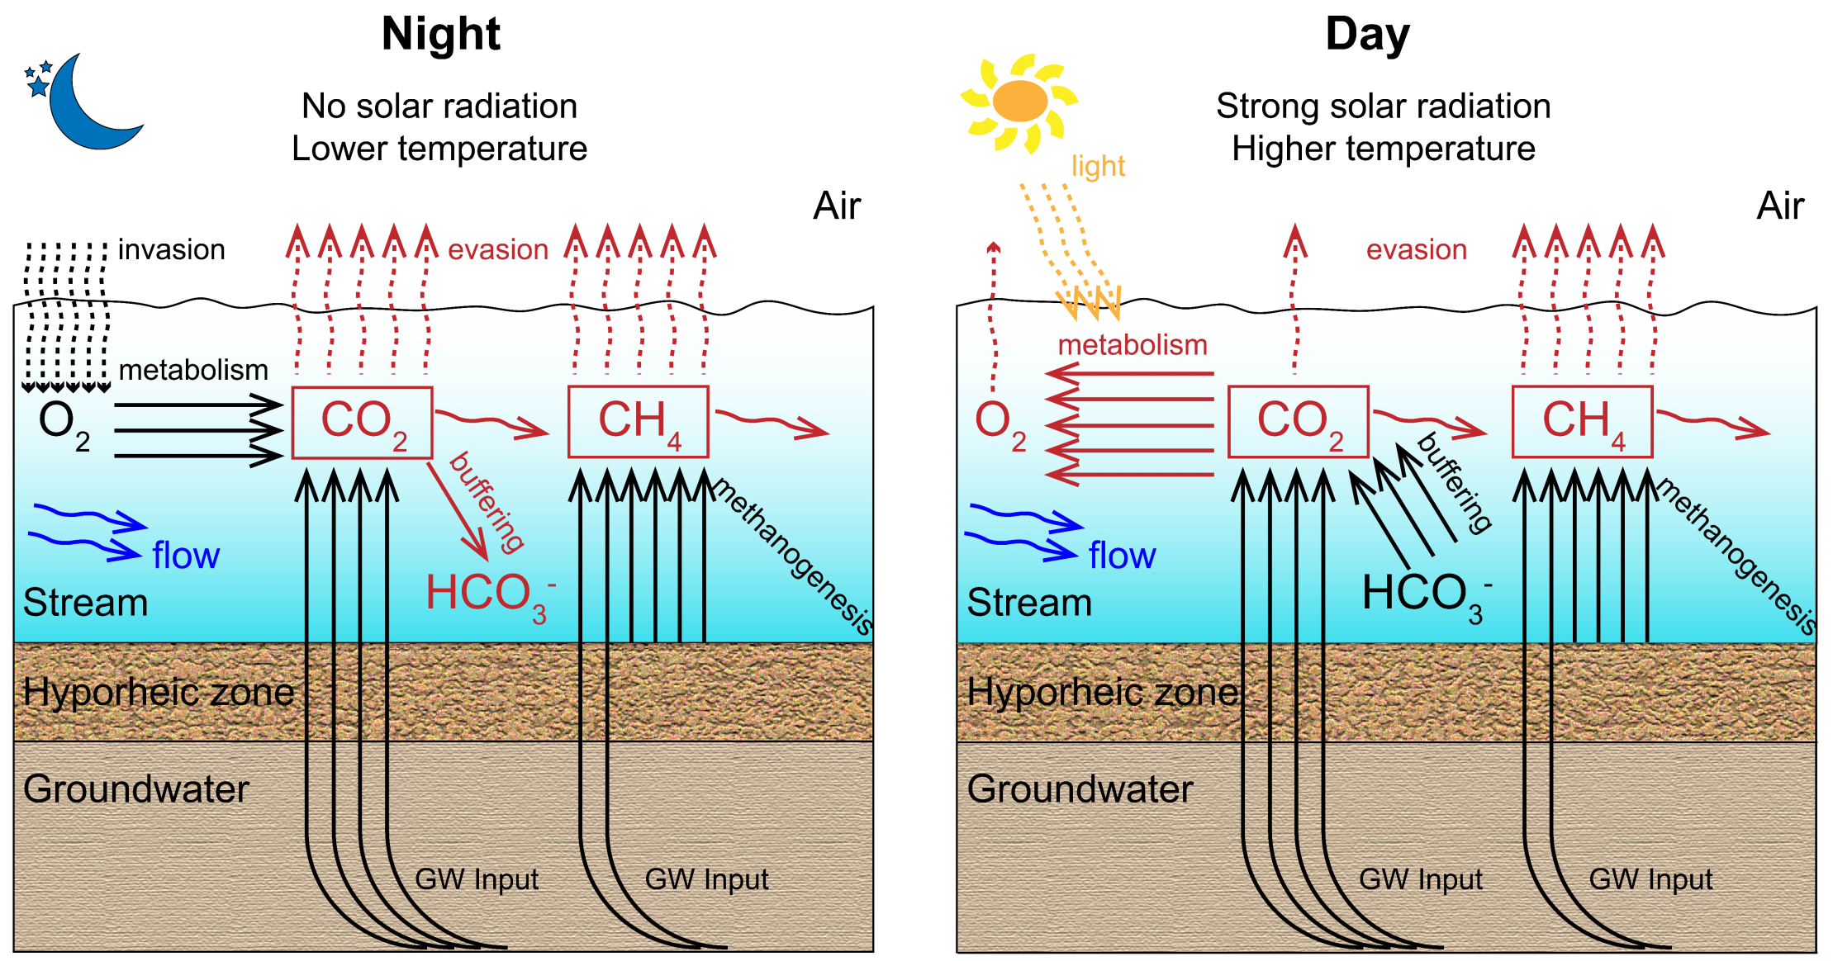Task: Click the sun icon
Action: pos(1020,102)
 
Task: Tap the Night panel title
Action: pos(440,35)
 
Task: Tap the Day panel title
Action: pos(1367,35)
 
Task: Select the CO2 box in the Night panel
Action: pos(362,422)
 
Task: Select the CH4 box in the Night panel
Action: pos(638,421)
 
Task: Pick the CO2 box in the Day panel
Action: pos(1298,422)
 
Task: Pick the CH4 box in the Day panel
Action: pos(1582,421)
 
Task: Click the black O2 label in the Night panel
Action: pos(62,423)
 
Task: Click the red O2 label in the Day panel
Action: pos(998,423)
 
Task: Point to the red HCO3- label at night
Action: pos(487,594)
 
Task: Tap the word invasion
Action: pos(171,249)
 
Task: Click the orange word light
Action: pos(1098,166)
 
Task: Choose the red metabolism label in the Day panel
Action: pos(1133,344)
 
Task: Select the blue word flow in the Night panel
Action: pos(186,556)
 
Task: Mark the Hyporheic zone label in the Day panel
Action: pos(1102,692)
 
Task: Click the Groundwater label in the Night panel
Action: pos(135,789)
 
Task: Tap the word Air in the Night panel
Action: pos(836,206)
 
